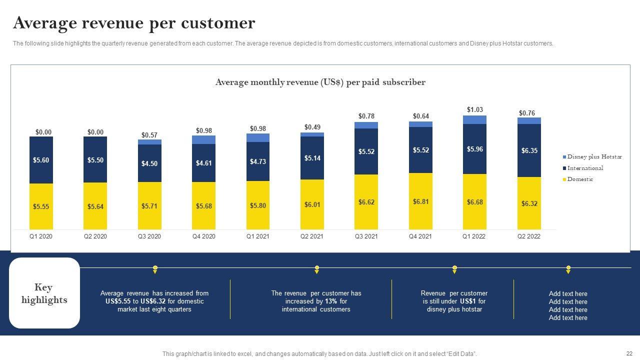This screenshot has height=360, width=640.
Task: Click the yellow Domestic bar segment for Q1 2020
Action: pyautogui.click(x=41, y=206)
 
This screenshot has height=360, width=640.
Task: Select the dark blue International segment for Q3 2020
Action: pyautogui.click(x=149, y=163)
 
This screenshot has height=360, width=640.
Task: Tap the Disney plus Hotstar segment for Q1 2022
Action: pyautogui.click(x=474, y=119)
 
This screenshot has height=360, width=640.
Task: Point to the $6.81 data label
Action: pyautogui.click(x=420, y=201)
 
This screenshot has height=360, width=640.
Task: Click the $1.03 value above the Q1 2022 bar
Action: pyautogui.click(x=474, y=109)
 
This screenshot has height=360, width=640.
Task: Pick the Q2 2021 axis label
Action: pyautogui.click(x=312, y=236)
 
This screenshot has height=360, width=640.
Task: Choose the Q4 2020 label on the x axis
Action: pyautogui.click(x=203, y=236)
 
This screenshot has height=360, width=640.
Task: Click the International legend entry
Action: pyautogui.click(x=585, y=168)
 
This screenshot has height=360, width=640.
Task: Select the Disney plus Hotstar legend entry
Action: pyautogui.click(x=594, y=157)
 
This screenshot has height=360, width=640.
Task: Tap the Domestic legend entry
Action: pyautogui.click(x=580, y=179)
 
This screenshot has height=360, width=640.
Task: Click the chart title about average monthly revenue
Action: pyautogui.click(x=320, y=82)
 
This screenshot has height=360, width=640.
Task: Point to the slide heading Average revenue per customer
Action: pyautogui.click(x=134, y=23)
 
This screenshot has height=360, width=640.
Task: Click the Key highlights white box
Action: pyautogui.click(x=44, y=293)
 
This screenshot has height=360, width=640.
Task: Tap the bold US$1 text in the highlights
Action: pyautogui.click(x=468, y=301)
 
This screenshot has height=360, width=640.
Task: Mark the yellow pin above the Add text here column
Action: pyautogui.click(x=568, y=269)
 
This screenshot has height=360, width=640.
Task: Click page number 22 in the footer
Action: pyautogui.click(x=629, y=353)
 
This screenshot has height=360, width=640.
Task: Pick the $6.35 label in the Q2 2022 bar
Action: pyautogui.click(x=529, y=150)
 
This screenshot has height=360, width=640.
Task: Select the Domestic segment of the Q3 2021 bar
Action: pyautogui.click(x=366, y=202)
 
